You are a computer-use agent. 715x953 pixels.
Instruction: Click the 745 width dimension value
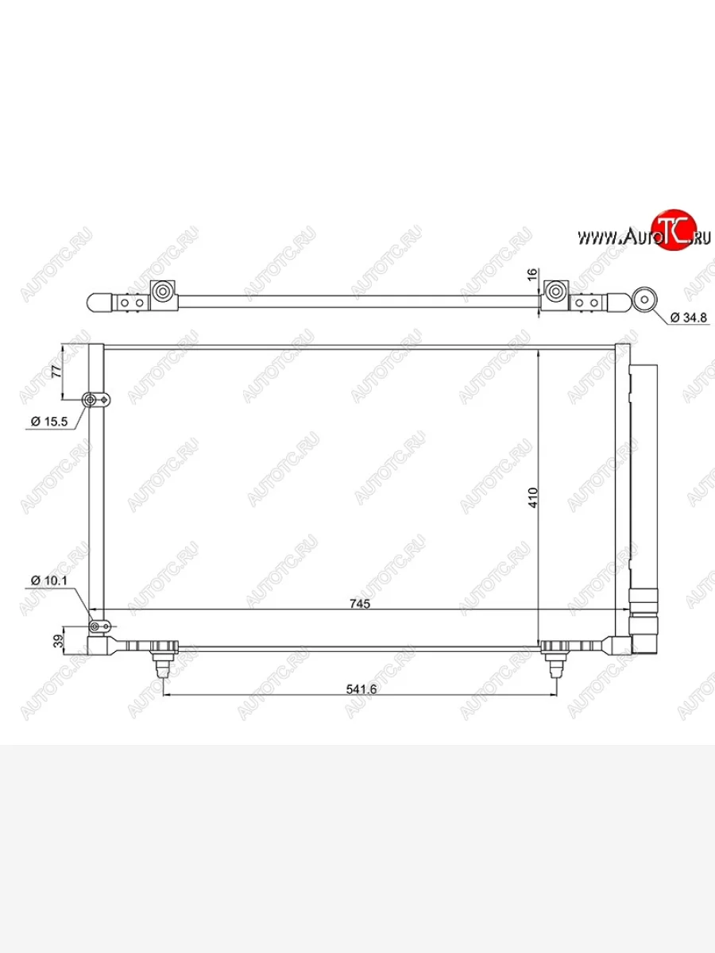click(360, 604)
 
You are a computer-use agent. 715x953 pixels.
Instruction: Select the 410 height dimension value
click(533, 498)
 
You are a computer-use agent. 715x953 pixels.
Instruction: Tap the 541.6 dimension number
click(361, 689)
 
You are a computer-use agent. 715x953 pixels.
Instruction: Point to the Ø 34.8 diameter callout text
click(689, 318)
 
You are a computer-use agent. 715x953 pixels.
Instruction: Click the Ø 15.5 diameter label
click(49, 421)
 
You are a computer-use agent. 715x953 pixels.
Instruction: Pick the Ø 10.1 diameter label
click(49, 580)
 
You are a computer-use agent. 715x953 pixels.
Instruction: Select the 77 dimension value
click(57, 372)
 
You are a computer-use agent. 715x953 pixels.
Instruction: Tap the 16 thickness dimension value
click(532, 275)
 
